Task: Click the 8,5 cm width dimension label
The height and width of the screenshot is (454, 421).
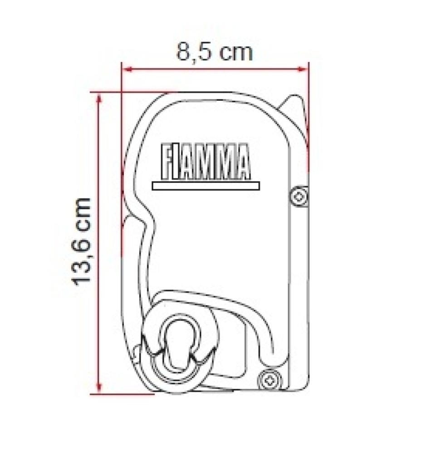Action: click(x=214, y=52)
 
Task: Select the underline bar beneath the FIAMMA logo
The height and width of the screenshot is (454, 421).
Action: click(x=206, y=186)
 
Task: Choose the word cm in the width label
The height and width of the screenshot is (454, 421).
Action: click(x=235, y=52)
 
